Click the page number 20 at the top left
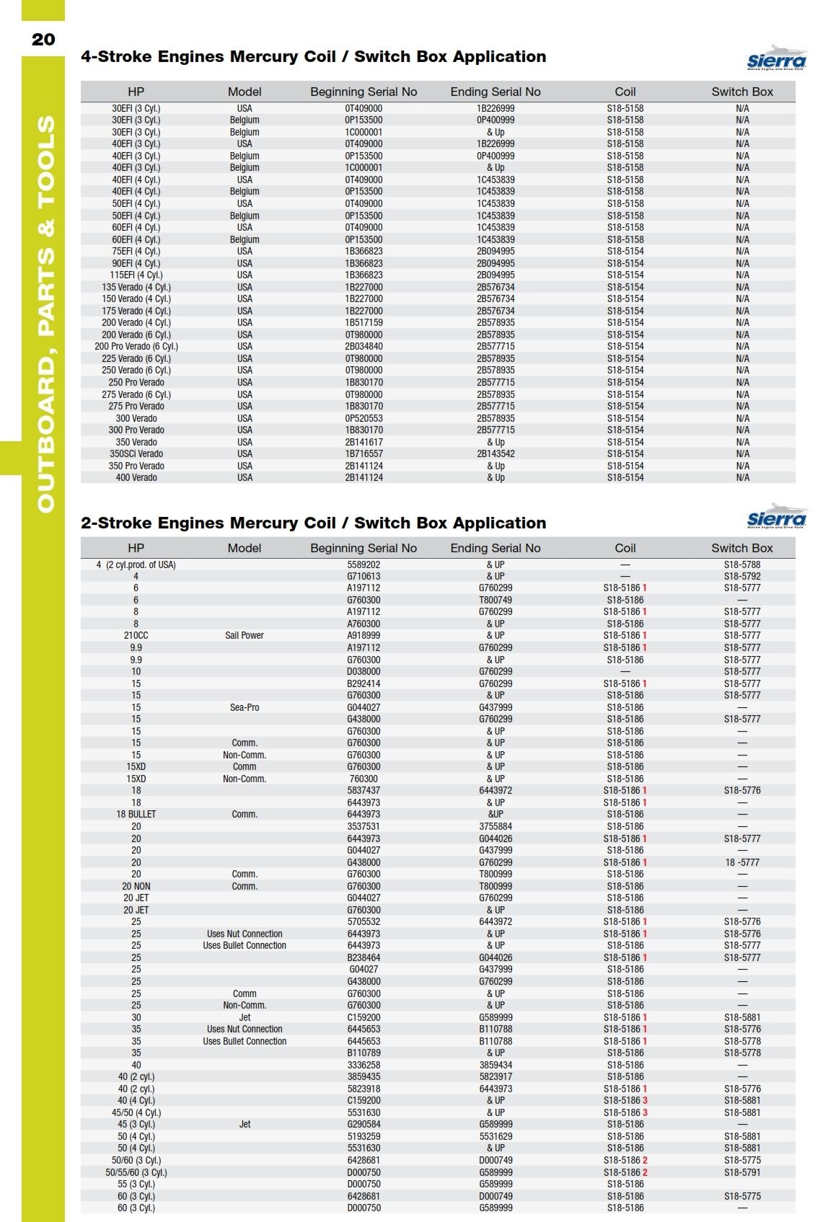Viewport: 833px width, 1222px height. (x=43, y=39)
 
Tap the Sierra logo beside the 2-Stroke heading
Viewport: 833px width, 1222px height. (x=777, y=517)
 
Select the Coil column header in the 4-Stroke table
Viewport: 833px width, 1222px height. (x=625, y=92)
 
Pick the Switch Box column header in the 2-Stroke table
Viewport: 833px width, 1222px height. (x=741, y=548)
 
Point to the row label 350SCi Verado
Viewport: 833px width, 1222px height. (x=136, y=453)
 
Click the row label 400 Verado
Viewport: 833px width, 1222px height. (x=136, y=477)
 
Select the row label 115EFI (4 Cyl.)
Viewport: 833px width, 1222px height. (x=136, y=275)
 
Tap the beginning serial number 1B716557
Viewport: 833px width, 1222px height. (x=363, y=453)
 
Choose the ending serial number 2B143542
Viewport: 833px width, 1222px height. (x=495, y=453)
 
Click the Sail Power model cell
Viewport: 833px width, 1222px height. (x=244, y=635)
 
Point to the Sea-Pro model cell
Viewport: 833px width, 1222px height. (x=244, y=707)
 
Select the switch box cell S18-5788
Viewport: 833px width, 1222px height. (x=742, y=564)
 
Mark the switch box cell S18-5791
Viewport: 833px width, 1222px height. (x=742, y=1172)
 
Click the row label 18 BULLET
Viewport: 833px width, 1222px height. (x=136, y=814)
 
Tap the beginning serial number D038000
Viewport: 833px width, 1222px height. (x=363, y=671)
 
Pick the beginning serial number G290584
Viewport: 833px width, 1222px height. (x=363, y=1124)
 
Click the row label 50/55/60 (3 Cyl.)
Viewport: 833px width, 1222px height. (x=136, y=1172)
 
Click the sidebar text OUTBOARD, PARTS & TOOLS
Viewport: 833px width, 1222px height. (x=45, y=314)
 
